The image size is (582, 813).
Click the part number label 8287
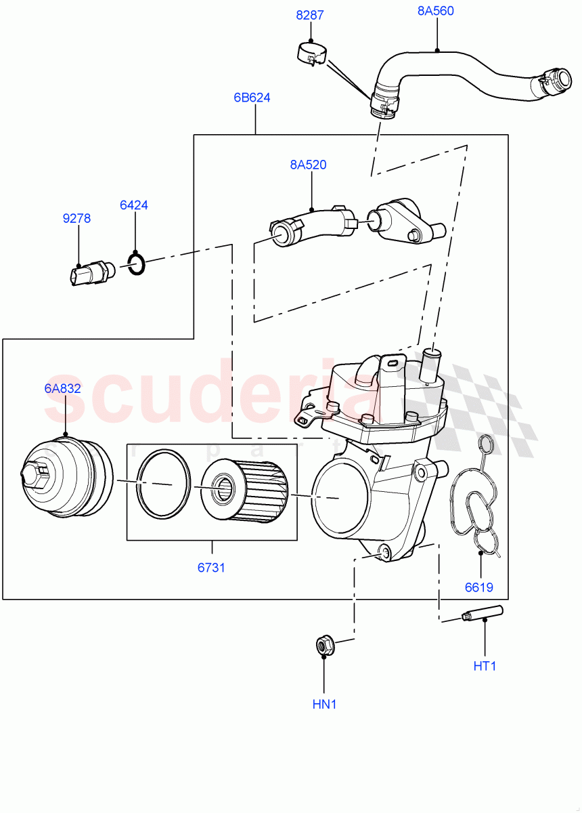pos(310,14)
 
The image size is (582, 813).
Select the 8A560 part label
pos(435,11)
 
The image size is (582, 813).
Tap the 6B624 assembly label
pos(252,98)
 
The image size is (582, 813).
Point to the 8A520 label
pos(308,164)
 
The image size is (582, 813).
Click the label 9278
pos(76,219)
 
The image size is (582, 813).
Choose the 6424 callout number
pos(134,205)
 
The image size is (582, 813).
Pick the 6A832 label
pos(63,388)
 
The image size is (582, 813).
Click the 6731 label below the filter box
pos(211,568)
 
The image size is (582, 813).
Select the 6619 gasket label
pos(479,587)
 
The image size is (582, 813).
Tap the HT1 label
pos(485,666)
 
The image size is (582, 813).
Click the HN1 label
pos(324,705)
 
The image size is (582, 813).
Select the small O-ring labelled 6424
pos(136,264)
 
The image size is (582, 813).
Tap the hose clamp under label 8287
pos(313,55)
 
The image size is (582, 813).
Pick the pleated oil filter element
pos(244,491)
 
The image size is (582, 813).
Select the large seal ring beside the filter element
pos(163,484)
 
